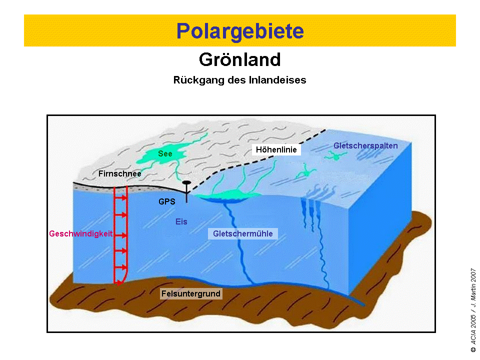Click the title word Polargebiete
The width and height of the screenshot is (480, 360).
pos(240,31)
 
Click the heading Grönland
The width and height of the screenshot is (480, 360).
pos(239,59)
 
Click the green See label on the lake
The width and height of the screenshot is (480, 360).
pos(165,153)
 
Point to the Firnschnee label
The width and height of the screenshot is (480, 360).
pos(119,173)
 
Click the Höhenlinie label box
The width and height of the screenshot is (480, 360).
pos(276,149)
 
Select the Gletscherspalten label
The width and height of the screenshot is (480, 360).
pos(365,145)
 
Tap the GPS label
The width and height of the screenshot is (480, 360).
pos(167,201)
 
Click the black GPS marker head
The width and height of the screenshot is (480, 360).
pos(186,183)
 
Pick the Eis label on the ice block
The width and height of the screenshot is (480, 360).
pos(181,221)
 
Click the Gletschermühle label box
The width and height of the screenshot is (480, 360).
pos(243,233)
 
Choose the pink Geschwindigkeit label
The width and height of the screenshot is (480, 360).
pos(81,234)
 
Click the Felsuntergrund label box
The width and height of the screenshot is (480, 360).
pos(191,293)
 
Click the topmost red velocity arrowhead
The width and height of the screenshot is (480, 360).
pos(124,198)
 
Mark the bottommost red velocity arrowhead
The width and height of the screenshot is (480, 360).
pos(124,267)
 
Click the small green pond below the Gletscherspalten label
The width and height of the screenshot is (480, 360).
pos(335,156)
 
